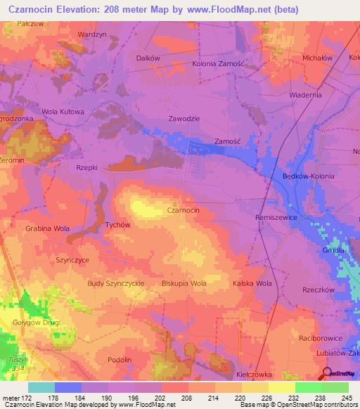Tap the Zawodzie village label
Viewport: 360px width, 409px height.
coord(184,119)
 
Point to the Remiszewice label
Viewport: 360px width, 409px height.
coord(276,219)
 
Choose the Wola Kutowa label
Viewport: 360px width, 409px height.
coord(63,112)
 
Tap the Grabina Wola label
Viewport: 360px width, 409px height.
coord(48,228)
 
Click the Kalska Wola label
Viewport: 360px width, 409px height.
coord(252,283)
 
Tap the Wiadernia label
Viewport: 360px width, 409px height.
coord(305,94)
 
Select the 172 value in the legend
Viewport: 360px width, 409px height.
coord(23,398)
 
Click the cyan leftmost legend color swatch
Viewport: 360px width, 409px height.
coord(41,387)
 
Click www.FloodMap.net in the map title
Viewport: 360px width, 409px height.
coord(218,9)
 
